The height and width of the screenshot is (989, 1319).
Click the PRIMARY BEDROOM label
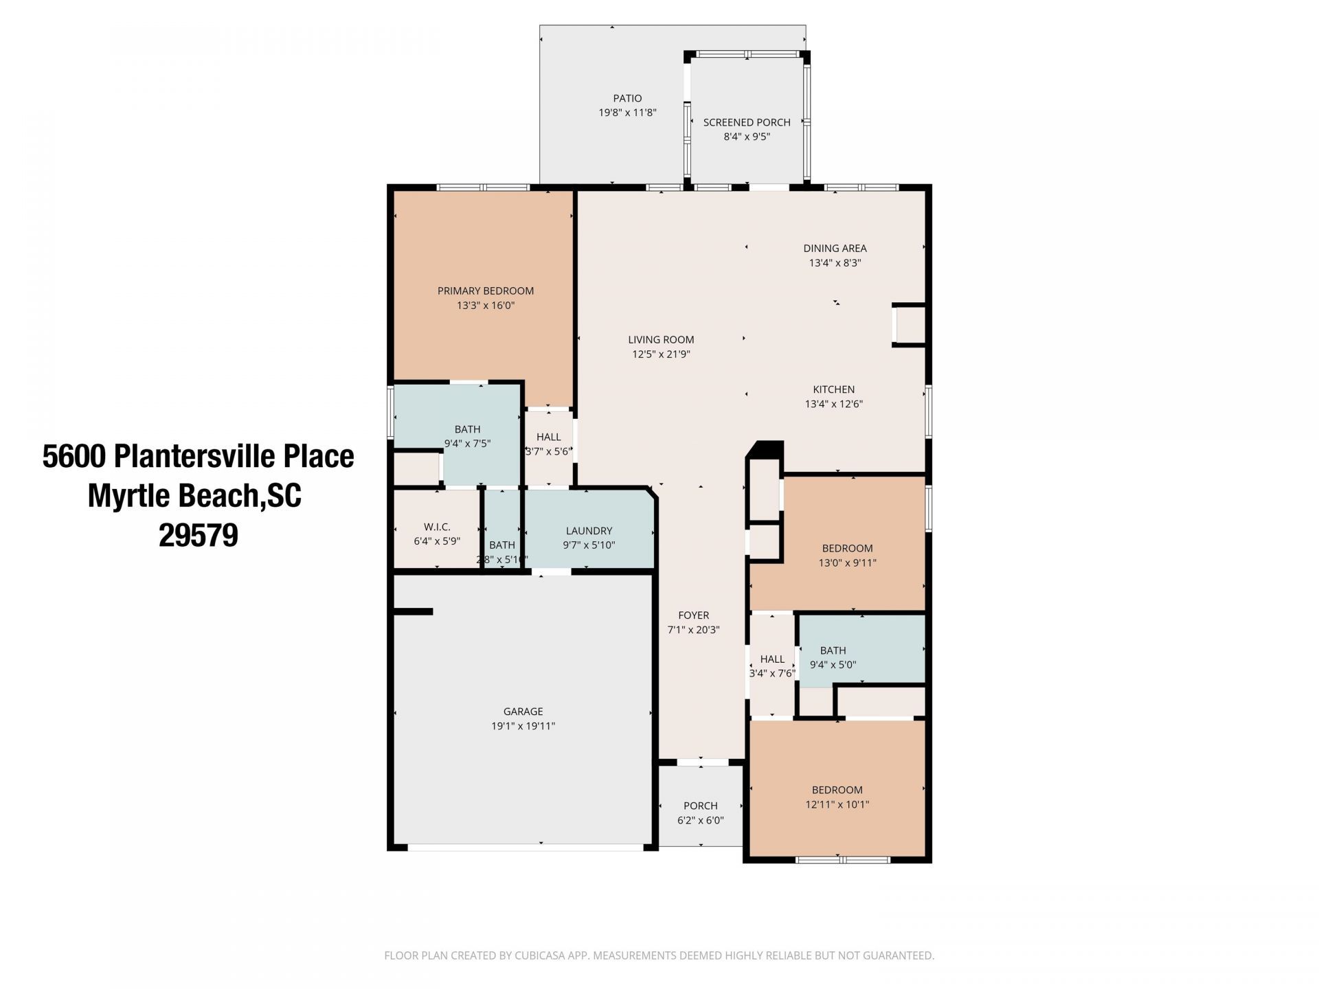point(485,291)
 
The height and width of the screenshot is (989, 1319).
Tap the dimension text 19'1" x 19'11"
point(523,726)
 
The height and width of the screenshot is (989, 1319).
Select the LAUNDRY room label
point(589,530)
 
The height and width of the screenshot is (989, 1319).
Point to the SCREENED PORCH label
point(746,122)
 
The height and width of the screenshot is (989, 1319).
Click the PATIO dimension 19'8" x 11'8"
point(627,113)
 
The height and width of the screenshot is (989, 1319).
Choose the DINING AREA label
point(835,248)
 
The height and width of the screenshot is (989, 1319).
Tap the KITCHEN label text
point(833,389)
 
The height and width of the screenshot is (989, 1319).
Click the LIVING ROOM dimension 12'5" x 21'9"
point(661,354)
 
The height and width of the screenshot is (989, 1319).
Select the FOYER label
point(693,615)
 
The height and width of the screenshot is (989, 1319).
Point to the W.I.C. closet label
point(437,527)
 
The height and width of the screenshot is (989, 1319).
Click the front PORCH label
point(700,806)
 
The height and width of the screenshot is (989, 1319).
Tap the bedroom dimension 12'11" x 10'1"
point(837,804)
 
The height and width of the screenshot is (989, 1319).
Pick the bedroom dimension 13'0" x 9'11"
point(847,562)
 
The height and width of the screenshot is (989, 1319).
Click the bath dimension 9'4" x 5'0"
point(833,665)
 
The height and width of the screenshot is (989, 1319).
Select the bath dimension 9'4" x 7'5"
point(467,444)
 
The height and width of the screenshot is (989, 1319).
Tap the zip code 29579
point(198,535)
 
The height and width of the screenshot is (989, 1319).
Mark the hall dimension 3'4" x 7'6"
point(771,674)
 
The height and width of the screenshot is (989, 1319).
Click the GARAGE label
point(523,712)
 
